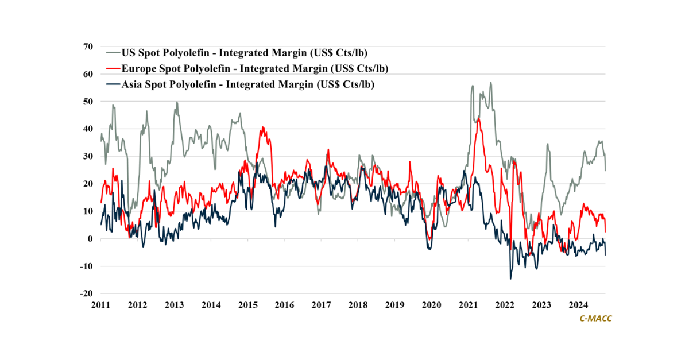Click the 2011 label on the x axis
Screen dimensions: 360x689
pyautogui.click(x=101, y=305)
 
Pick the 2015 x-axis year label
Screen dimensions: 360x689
pyautogui.click(x=247, y=305)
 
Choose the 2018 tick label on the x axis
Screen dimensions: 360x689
pyautogui.click(x=358, y=305)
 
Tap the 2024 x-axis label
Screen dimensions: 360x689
pyautogui.click(x=578, y=305)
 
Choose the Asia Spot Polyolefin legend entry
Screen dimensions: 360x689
pyautogui.click(x=252, y=84)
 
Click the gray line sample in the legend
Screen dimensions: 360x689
pyautogui.click(x=113, y=53)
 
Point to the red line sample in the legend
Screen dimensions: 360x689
pyautogui.click(x=113, y=69)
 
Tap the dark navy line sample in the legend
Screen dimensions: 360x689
pyautogui.click(x=113, y=84)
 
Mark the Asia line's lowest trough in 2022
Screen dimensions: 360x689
pyautogui.click(x=510, y=279)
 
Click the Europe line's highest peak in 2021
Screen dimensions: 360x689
pyautogui.click(x=478, y=118)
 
